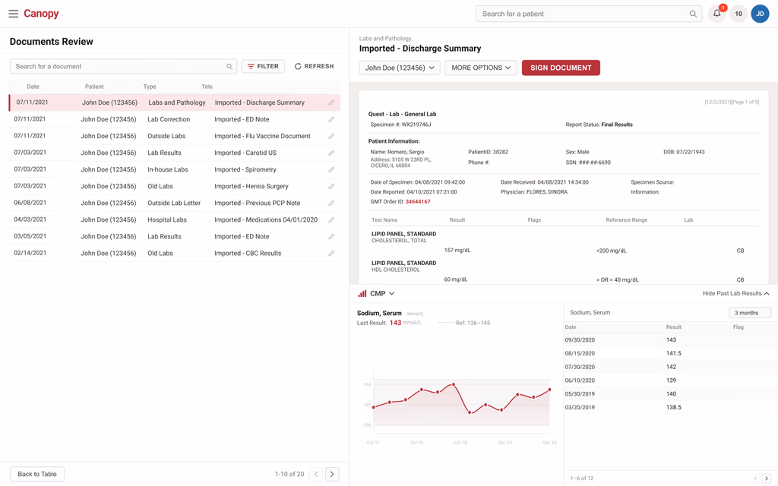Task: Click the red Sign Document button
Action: pos(561,68)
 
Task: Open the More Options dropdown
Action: pos(481,68)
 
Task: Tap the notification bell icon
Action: pos(717,14)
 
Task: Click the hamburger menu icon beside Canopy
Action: pos(14,14)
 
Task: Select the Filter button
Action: pos(263,67)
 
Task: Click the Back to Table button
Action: pos(37,474)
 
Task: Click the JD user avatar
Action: pos(760,14)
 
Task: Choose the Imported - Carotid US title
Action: pos(245,153)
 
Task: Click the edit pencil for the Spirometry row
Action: pos(331,169)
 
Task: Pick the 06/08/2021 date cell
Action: pos(30,203)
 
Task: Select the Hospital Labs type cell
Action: pos(166,219)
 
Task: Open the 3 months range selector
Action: pos(750,313)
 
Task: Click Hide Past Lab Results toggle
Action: pos(735,294)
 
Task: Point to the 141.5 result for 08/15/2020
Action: pos(673,354)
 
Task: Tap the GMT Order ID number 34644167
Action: pos(418,202)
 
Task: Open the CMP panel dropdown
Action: pos(381,294)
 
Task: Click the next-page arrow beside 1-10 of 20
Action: pos(332,474)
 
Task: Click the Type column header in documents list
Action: pos(150,87)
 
